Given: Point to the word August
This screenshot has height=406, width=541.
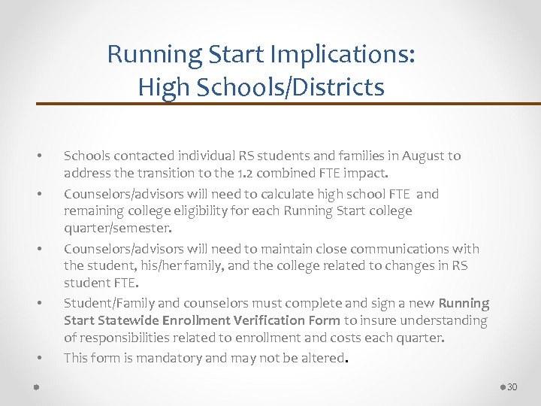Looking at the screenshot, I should [422, 156].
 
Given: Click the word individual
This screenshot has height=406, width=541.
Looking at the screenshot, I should [209, 156].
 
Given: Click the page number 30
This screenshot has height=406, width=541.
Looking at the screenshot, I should [512, 387].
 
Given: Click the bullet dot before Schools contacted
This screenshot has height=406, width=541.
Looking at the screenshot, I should [38, 157].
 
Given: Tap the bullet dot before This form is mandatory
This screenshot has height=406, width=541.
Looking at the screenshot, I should [38, 359].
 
